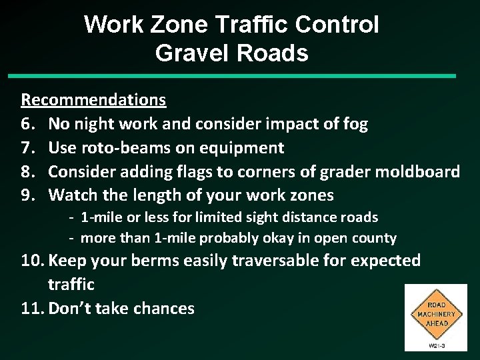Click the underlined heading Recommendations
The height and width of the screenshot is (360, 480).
93,100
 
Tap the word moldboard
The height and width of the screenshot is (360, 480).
419,171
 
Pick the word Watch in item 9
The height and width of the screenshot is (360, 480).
73,195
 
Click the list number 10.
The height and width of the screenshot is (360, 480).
33,261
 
